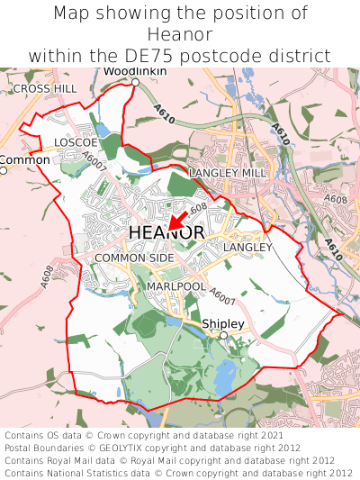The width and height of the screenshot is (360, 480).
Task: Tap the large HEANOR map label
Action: click(x=166, y=233)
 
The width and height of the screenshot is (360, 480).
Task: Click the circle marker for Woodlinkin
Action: click(x=135, y=83)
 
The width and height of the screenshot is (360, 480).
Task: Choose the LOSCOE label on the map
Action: click(x=76, y=143)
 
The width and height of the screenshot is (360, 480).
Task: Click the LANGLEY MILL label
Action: click(x=229, y=172)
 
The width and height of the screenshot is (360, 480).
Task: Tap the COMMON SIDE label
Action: click(x=134, y=258)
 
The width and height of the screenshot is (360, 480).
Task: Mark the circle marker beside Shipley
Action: click(x=223, y=335)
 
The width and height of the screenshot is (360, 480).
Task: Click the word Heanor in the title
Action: click(x=179, y=34)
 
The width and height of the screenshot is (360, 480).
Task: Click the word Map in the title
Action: click(x=73, y=14)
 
